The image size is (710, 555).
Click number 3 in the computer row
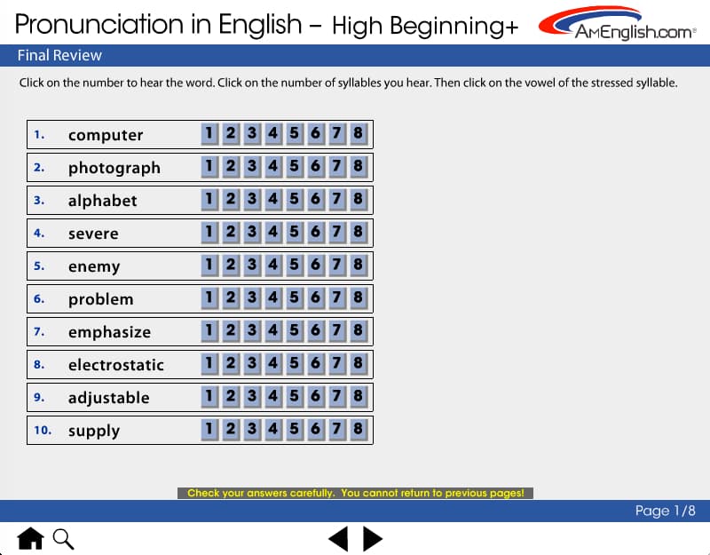pos(252,134)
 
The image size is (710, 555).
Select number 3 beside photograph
pos(252,167)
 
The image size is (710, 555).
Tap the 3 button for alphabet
pos(252,199)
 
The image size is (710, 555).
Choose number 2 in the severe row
pos(231,233)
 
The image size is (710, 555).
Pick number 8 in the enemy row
pos(359,265)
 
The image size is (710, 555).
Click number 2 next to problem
pos(231,298)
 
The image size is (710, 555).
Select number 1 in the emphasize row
pos(209,330)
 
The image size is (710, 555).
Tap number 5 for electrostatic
pos(295,364)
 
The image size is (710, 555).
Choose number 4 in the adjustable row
pos(273,396)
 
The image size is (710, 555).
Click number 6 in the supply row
pos(316,430)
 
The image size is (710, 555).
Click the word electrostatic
pos(116,365)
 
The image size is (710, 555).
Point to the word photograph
pos(114,168)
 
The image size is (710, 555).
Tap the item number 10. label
pos(43,430)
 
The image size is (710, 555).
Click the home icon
pos(30,538)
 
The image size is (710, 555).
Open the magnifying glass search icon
pos(63,539)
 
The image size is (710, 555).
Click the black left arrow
pos(338,539)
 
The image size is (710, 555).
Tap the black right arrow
pos(373,539)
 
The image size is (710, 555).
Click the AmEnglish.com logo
pos(617,23)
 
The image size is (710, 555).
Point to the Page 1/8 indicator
pos(665,511)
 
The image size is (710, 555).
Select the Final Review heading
pos(59,55)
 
